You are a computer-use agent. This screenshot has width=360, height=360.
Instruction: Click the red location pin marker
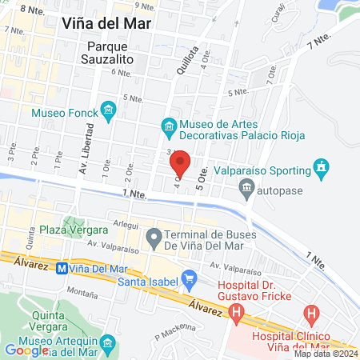pyautogui.click(x=181, y=163)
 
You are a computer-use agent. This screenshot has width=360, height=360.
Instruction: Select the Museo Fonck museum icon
pyautogui.click(x=107, y=112)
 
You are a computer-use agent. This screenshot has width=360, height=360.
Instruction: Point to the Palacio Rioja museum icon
pyautogui.click(x=169, y=126)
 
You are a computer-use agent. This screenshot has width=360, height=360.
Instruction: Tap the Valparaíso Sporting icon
pyautogui.click(x=322, y=169)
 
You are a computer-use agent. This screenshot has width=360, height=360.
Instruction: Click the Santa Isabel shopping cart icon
pyautogui.click(x=189, y=280)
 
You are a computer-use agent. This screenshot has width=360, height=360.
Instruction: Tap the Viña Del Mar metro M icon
pyautogui.click(x=61, y=269)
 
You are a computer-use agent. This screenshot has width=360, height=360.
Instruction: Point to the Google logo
pyautogui.click(x=26, y=350)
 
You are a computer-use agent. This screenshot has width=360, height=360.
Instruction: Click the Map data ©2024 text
pyautogui.click(x=326, y=354)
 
